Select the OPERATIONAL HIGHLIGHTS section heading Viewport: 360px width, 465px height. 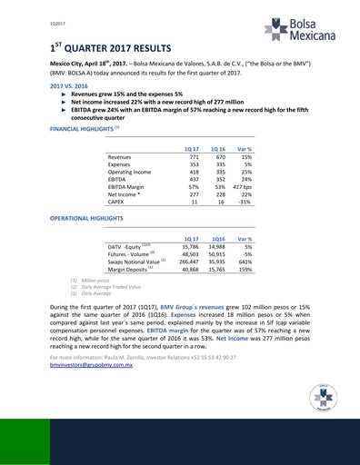pyautogui.click(x=89, y=220)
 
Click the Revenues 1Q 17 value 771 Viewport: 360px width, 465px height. pyautogui.click(x=191, y=157)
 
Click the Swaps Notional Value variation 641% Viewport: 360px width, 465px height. pyautogui.click(x=243, y=262)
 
